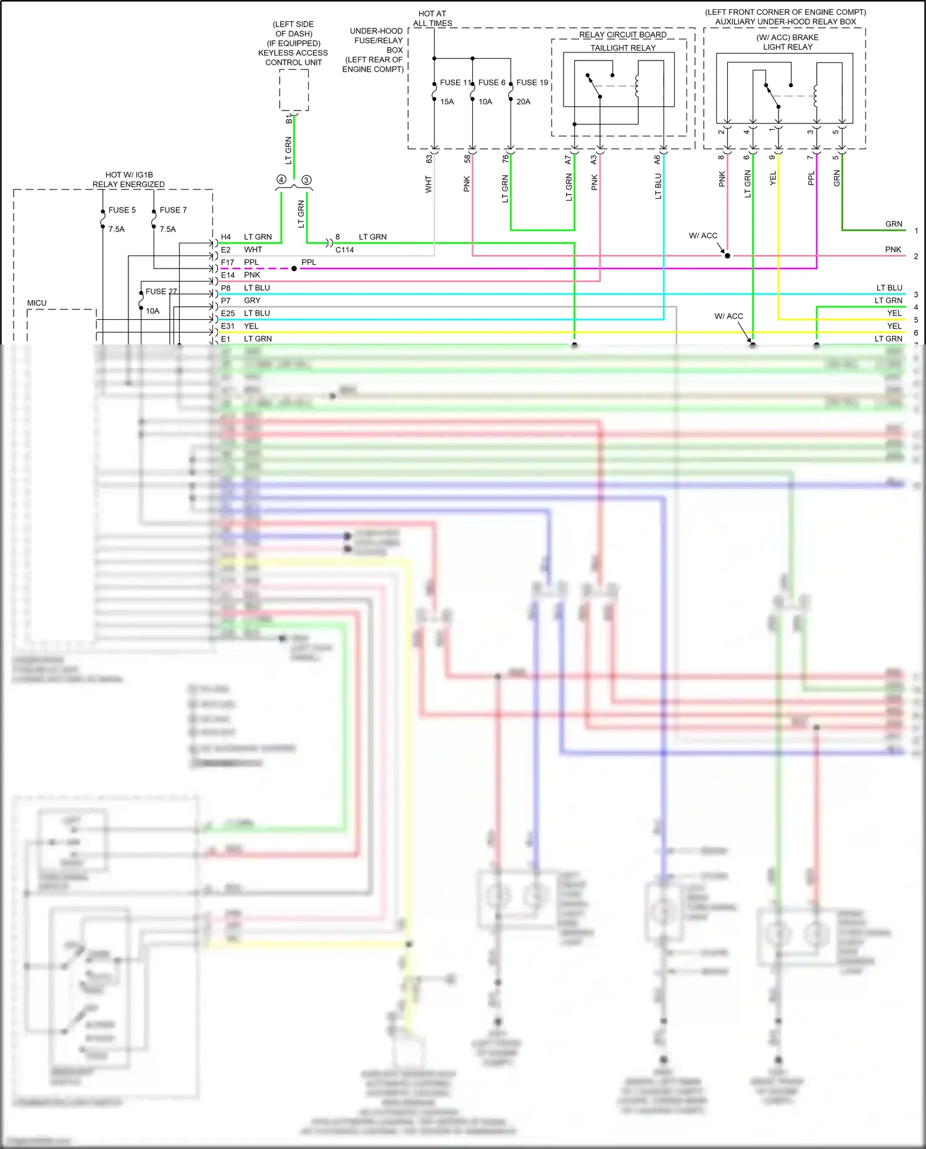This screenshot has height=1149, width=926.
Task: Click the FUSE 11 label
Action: [x=454, y=82]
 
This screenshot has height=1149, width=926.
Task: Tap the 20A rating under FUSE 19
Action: [x=523, y=102]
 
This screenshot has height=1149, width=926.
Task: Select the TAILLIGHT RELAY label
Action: [x=622, y=48]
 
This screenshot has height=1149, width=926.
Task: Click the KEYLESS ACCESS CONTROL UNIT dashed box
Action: [x=294, y=90]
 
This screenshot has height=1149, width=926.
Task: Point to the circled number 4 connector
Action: [x=281, y=180]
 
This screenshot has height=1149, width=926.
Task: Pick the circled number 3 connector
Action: [x=306, y=180]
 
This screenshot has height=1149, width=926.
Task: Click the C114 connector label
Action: [x=344, y=250]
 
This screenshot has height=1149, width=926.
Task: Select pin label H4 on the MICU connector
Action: [x=226, y=237]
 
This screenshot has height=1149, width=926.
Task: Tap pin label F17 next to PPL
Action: [x=227, y=262]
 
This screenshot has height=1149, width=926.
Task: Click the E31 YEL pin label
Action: [x=227, y=326]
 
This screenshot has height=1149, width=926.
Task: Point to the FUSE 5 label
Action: [x=122, y=210]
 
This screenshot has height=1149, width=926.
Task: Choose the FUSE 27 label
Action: [x=161, y=291]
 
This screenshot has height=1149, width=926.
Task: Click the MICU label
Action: [x=37, y=303]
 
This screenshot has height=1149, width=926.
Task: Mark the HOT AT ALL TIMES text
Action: [x=432, y=19]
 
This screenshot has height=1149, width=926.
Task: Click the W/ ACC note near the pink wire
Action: [x=703, y=236]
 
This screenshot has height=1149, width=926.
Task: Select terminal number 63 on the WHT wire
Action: [x=429, y=159]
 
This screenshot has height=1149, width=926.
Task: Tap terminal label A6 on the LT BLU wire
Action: [x=657, y=159]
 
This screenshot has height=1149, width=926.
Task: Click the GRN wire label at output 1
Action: [x=893, y=224]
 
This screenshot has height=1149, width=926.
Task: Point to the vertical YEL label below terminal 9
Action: [x=773, y=178]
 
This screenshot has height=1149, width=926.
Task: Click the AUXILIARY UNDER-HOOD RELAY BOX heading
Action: [x=785, y=22]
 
